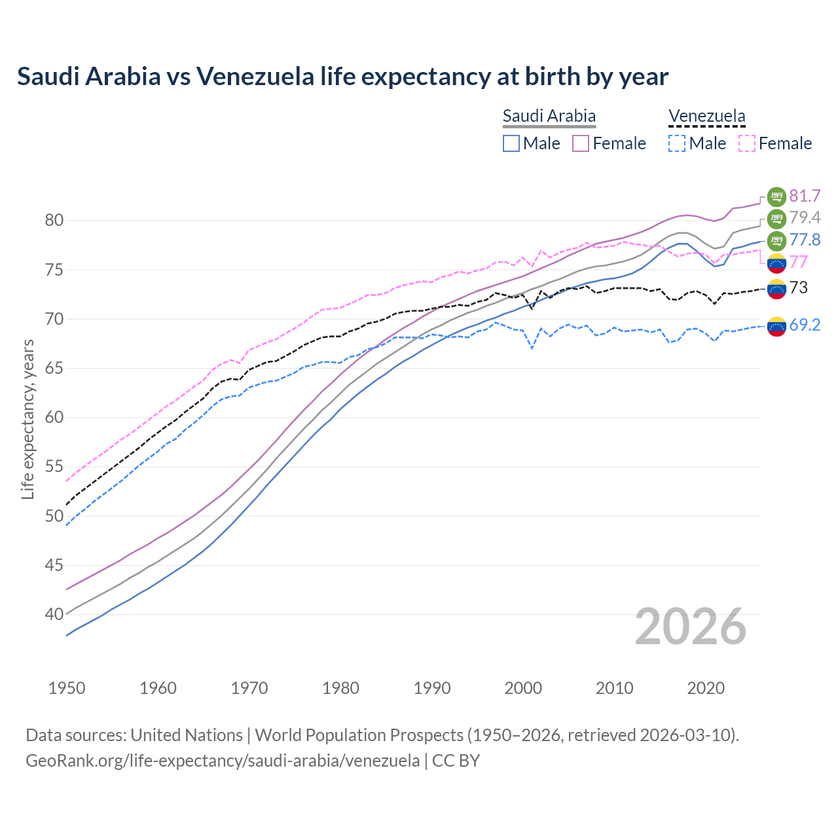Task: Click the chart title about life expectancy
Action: [342, 77]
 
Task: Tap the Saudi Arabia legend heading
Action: [549, 117]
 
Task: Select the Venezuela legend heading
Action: [706, 117]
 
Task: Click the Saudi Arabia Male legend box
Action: [511, 143]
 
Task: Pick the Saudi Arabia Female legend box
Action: [581, 143]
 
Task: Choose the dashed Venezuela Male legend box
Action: [677, 143]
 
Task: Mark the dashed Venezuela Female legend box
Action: [746, 143]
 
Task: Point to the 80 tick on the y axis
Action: [54, 221]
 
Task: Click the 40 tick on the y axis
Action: [54, 615]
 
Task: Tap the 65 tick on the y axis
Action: [54, 369]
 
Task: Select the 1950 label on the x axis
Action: [67, 688]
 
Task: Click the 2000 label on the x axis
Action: [523, 688]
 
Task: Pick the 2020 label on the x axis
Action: [706, 688]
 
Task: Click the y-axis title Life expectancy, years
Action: [27, 419]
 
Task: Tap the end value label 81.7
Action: [805, 196]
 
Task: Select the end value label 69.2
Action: [805, 325]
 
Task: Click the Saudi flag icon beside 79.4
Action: [776, 219]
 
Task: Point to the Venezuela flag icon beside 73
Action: [776, 289]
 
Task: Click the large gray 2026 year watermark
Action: [691, 627]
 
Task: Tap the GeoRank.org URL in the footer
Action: [223, 761]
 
